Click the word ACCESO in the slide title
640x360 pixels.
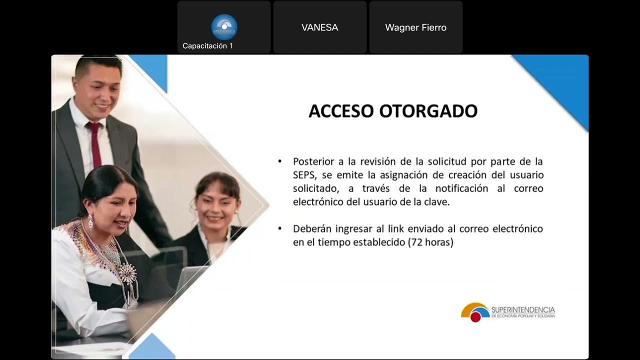tap(341, 111)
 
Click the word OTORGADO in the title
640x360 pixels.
tap(428, 111)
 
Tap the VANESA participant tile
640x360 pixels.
tap(320, 27)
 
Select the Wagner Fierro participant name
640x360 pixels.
tap(415, 27)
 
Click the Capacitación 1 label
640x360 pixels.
tap(207, 46)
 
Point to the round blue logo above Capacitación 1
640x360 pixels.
tap(224, 26)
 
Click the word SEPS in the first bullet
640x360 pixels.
tap(303, 175)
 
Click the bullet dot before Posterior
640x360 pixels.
tap(280, 161)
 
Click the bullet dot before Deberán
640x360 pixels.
tap(280, 229)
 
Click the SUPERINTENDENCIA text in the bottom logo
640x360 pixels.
tap(523, 310)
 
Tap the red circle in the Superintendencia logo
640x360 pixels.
tap(475, 316)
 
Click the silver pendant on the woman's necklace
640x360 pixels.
tap(127, 274)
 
